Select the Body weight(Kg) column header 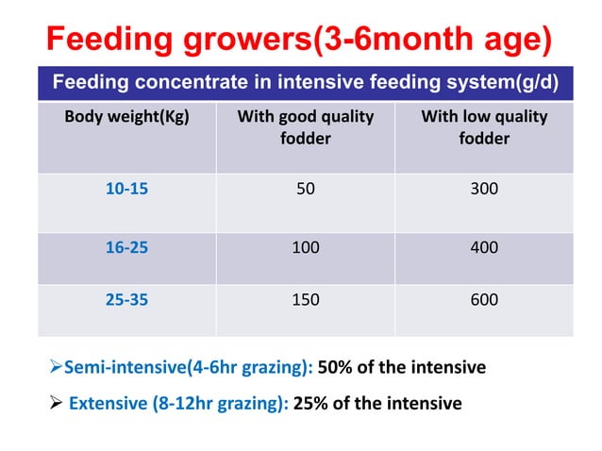click(126, 118)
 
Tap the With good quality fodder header click(305, 128)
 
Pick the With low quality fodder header click(483, 128)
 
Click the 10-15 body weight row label click(126, 189)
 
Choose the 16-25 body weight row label click(126, 248)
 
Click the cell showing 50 click(305, 189)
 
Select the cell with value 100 click(305, 248)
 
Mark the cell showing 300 click(484, 189)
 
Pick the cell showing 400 click(484, 248)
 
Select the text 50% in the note click(337, 367)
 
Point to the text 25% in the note click(312, 404)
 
